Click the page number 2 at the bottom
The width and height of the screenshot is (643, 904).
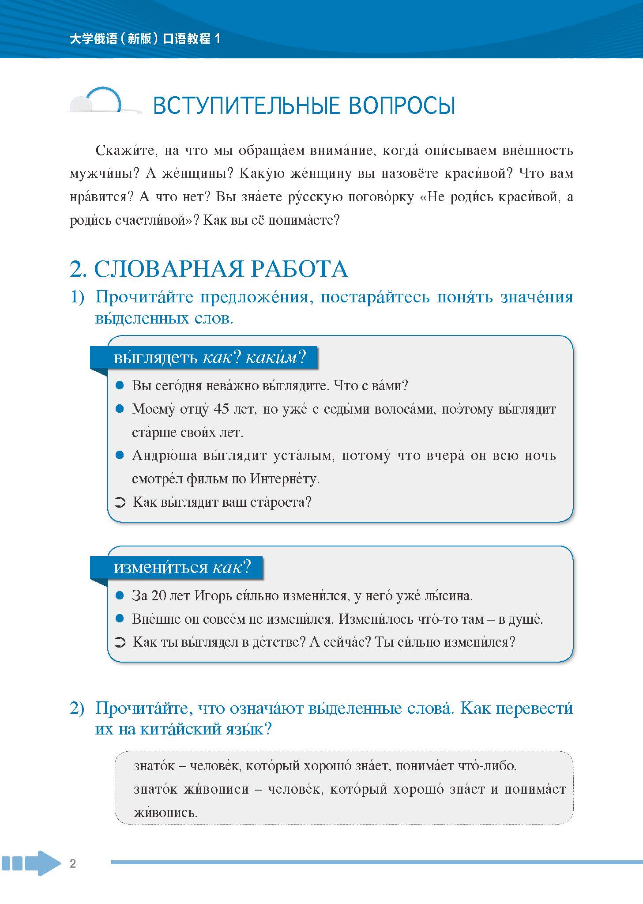73,864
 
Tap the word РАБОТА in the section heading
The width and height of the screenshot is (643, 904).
303,269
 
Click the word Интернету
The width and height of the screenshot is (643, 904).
285,479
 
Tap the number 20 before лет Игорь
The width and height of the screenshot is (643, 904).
159,596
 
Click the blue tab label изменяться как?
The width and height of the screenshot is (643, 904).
182,567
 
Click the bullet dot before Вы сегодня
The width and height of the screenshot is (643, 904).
119,386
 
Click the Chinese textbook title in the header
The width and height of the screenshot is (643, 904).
145,39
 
